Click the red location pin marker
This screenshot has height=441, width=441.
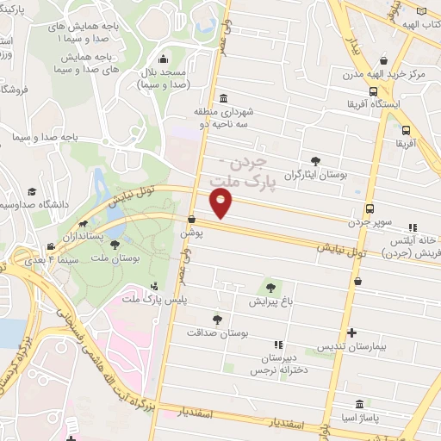pos(221,203)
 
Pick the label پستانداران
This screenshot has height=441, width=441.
pos(84,235)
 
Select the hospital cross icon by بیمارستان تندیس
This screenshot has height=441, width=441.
pos(351,332)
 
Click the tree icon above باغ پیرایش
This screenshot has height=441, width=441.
pos(271,288)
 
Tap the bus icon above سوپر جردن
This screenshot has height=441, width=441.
pos(370,209)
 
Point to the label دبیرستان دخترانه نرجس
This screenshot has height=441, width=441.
pos(279,363)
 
